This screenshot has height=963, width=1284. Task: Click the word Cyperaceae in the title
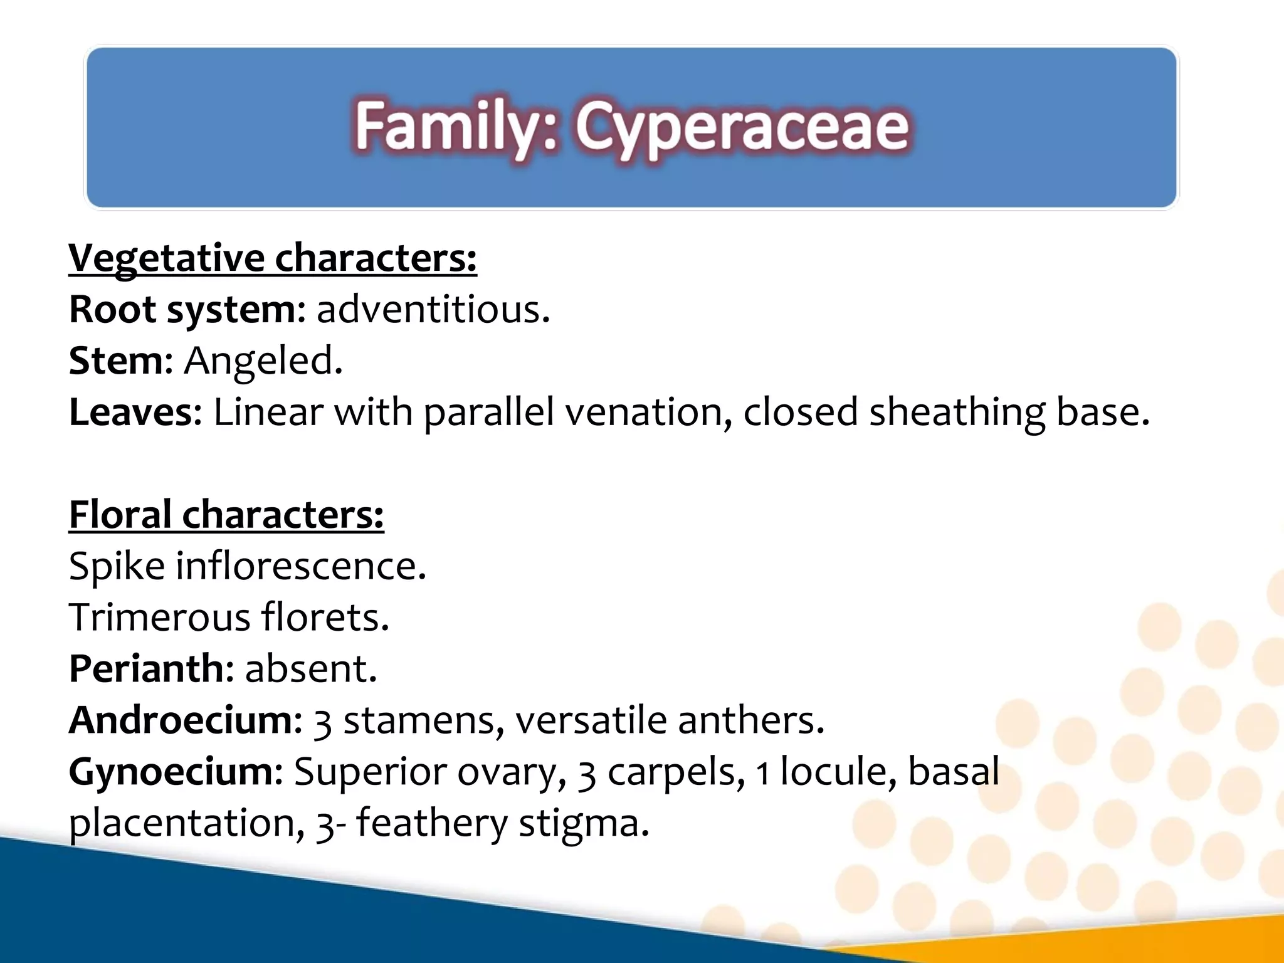(742, 128)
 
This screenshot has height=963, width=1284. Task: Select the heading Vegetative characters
(272, 258)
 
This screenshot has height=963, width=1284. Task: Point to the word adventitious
(433, 310)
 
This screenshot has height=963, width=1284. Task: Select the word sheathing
(957, 413)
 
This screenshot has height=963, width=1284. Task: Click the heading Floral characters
(226, 515)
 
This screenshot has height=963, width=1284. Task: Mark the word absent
(310, 669)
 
